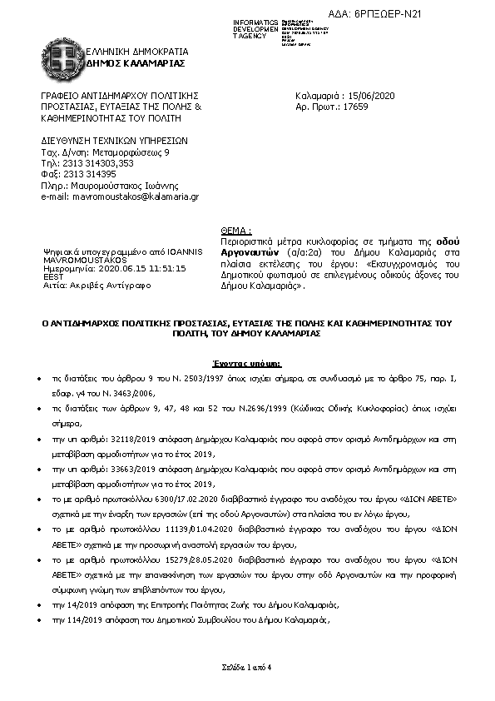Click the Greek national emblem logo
pos(61,57)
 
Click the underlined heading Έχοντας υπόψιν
pos(247,365)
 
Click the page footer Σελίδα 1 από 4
pos(247,669)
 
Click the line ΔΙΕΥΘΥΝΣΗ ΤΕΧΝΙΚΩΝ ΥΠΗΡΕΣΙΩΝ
pos(116,142)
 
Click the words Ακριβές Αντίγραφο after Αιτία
pos(101,284)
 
